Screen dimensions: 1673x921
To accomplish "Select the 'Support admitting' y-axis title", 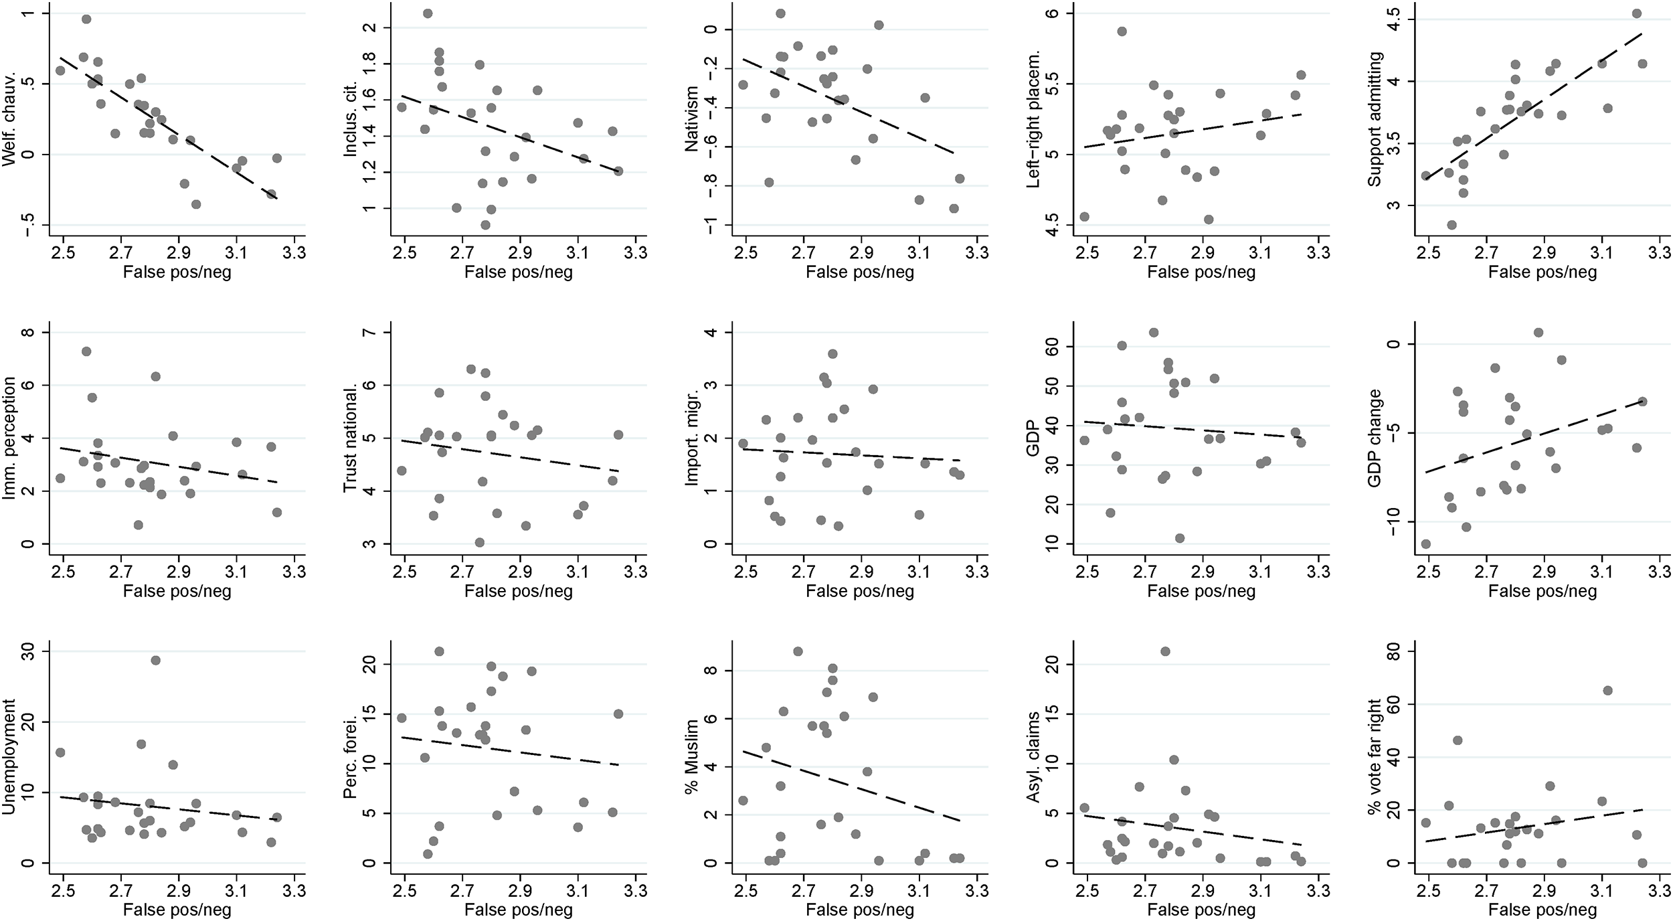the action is pos(1375,120).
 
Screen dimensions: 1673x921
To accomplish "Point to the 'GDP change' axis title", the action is pos(1375,438).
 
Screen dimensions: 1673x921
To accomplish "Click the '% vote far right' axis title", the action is pos(1375,757).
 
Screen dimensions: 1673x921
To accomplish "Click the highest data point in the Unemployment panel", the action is pos(155,660).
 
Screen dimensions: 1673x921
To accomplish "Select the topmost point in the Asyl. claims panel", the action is pos(1165,651).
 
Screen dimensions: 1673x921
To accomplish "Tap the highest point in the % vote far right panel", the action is pos(1607,690).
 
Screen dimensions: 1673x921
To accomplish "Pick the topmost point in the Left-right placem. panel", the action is pos(1122,31).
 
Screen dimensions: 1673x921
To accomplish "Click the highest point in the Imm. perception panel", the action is pos(86,351).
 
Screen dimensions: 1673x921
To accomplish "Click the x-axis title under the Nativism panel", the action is pos(859,272).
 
